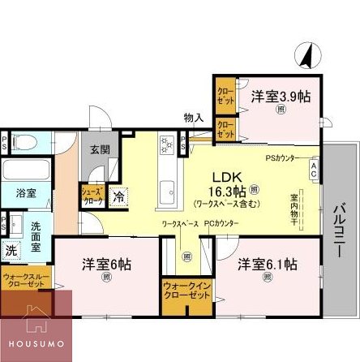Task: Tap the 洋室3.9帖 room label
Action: pos(281,96)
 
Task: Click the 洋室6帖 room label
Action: pos(107,265)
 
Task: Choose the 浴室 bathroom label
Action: pos(25,193)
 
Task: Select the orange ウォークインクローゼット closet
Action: pos(186,292)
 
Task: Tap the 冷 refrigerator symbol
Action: pos(118,196)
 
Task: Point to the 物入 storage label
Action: pos(193,118)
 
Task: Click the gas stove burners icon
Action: pos(167,146)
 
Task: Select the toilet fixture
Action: pos(21,144)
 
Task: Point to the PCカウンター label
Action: pos(221,222)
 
